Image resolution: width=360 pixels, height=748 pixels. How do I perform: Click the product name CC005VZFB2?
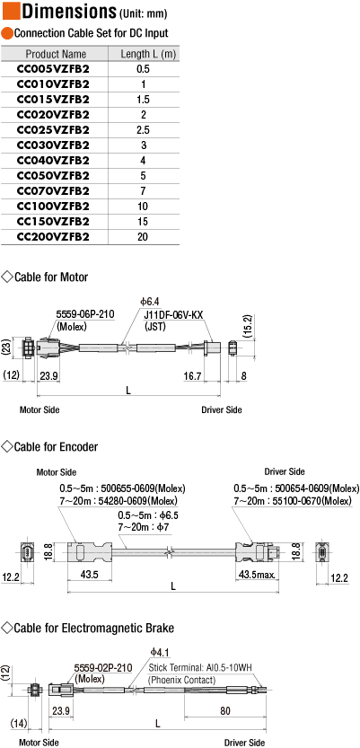[x=53, y=68]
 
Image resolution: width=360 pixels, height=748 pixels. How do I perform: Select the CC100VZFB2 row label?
[x=53, y=207]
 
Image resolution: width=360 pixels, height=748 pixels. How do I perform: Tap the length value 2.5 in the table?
[x=143, y=129]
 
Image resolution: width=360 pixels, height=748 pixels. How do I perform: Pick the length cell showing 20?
[x=143, y=237]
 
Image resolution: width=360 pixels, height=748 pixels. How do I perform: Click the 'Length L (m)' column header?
[x=148, y=54]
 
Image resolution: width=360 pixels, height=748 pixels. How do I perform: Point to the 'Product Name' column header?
[x=57, y=54]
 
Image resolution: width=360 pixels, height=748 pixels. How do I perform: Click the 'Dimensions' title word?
[x=69, y=11]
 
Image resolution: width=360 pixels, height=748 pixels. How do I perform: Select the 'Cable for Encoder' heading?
[x=57, y=446]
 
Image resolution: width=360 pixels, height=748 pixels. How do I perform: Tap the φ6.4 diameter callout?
[x=149, y=302]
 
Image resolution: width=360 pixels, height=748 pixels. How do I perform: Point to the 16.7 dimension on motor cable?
[x=192, y=376]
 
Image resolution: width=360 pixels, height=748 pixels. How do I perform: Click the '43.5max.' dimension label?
[x=257, y=575]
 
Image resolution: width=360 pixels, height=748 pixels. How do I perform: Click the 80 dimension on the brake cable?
[x=225, y=710]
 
